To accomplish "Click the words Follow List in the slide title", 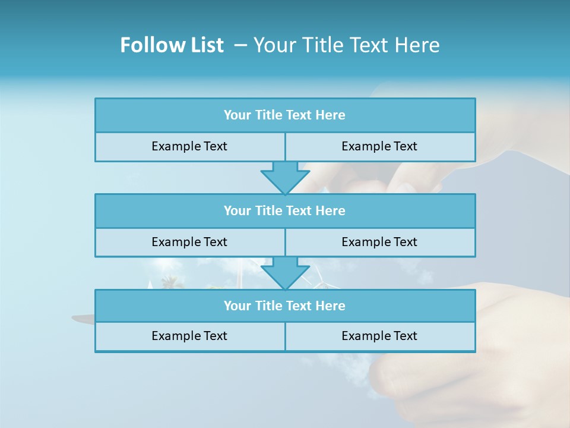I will click(172, 45).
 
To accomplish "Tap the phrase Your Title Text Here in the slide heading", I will click(346, 45).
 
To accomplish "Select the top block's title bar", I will click(284, 115).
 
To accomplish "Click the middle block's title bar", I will click(284, 210).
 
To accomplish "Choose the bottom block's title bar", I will click(284, 306).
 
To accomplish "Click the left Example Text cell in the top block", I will click(189, 146).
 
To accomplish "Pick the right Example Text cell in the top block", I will click(379, 146).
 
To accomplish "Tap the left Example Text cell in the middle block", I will click(189, 242).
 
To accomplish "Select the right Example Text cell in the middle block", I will click(379, 242).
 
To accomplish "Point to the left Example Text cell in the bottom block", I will click(189, 336).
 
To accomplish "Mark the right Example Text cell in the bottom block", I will click(379, 336).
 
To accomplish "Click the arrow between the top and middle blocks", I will click(285, 177).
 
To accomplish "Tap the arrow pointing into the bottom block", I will click(285, 273).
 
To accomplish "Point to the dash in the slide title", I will click(240, 45).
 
